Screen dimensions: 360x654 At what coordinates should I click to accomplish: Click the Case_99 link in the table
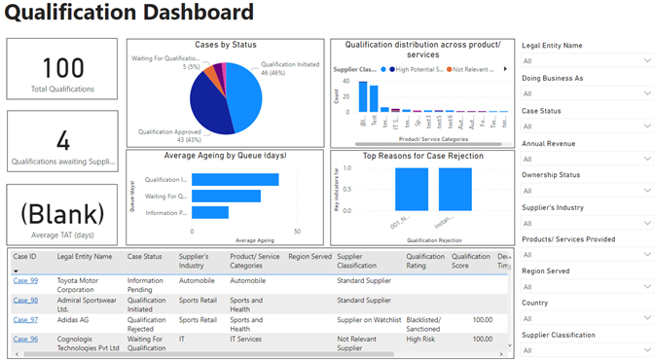25,280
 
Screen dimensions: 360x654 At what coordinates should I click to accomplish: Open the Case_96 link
25,339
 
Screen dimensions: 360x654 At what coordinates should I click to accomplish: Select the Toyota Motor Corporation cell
82,284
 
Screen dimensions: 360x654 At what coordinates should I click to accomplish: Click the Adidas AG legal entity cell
75,319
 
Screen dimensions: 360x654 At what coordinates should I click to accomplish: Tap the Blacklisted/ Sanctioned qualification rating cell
423,323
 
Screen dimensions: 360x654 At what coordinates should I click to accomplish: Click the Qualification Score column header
470,261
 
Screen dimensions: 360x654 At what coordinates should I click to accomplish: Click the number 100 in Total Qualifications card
61,68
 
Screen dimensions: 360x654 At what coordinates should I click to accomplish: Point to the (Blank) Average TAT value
61,213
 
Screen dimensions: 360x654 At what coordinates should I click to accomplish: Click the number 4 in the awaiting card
61,139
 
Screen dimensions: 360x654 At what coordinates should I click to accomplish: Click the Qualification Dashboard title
130,14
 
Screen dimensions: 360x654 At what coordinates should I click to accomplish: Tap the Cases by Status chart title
226,45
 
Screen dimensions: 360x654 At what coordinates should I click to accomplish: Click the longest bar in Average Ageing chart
236,179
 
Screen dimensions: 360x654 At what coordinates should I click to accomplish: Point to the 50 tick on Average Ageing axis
297,232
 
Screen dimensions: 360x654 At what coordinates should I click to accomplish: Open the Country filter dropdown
583,318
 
